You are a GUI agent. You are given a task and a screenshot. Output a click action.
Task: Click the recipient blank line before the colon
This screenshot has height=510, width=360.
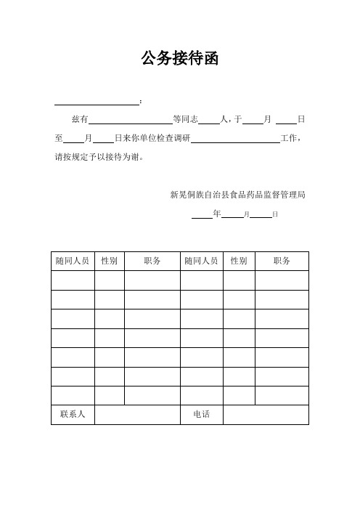point(97,102)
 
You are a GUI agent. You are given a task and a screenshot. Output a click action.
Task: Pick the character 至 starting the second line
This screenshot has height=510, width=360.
point(59,137)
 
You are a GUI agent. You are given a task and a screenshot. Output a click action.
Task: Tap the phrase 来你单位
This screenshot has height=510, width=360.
point(141,137)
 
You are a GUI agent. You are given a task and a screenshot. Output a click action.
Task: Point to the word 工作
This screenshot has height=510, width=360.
point(289,137)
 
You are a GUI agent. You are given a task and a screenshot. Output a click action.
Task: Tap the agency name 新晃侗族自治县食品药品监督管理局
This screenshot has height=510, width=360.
point(237,195)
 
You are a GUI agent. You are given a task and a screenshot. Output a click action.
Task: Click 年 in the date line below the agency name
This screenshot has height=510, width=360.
point(217,214)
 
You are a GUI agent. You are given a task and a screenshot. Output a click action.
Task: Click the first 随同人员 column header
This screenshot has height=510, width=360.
point(73,261)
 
